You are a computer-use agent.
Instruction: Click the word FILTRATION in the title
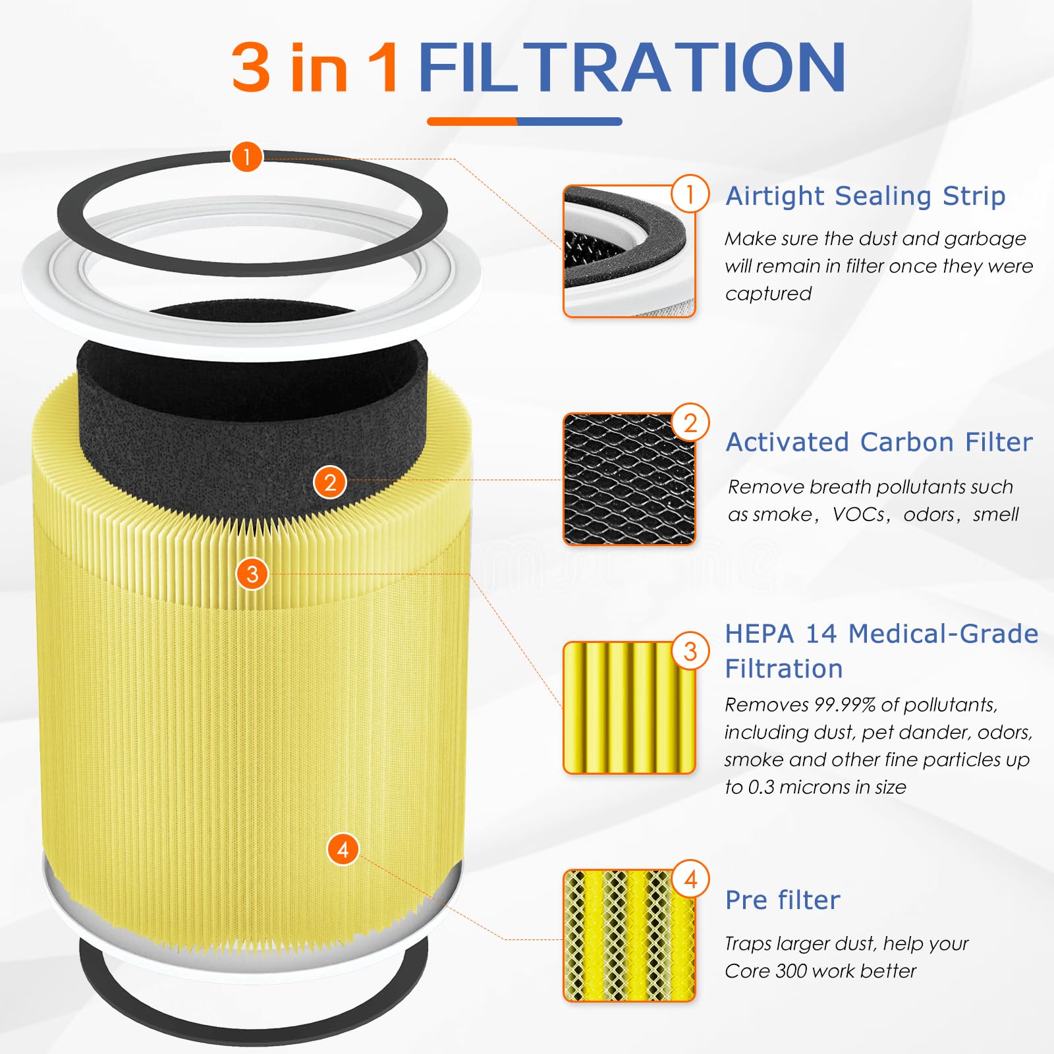pyautogui.click(x=631, y=67)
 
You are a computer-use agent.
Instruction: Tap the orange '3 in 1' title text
pyautogui.click(x=315, y=67)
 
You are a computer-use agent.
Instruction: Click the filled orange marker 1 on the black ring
pyautogui.click(x=247, y=157)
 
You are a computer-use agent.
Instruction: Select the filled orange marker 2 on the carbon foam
pyautogui.click(x=330, y=482)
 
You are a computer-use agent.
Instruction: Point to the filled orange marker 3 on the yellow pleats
pyautogui.click(x=252, y=574)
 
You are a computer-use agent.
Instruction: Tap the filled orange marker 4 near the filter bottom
pyautogui.click(x=343, y=849)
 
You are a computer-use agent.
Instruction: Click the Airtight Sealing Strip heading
pyautogui.click(x=865, y=196)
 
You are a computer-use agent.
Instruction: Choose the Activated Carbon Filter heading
pyautogui.click(x=879, y=442)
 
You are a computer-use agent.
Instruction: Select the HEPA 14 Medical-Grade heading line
pyautogui.click(x=881, y=634)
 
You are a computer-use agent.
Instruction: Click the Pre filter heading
pyautogui.click(x=783, y=900)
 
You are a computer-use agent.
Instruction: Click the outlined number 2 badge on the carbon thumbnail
pyautogui.click(x=690, y=422)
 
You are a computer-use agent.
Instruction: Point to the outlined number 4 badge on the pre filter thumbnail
pyautogui.click(x=690, y=879)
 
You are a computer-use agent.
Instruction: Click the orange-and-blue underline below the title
pyautogui.click(x=524, y=121)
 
